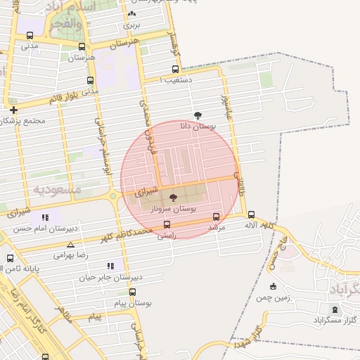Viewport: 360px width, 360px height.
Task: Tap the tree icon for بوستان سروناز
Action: (x=174, y=198)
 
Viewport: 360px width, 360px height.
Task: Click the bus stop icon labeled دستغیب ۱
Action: (x=175, y=69)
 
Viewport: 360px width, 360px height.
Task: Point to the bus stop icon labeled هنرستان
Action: (x=82, y=48)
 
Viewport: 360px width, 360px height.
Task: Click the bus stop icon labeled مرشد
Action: (x=216, y=217)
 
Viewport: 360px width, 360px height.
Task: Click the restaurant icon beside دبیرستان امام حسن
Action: (x=46, y=218)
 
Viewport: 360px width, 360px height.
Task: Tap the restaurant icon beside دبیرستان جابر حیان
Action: (x=110, y=266)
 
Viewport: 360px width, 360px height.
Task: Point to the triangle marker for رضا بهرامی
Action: (x=70, y=245)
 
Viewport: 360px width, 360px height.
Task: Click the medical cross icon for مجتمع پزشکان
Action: (x=13, y=110)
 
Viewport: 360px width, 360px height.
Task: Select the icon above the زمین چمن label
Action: (x=273, y=285)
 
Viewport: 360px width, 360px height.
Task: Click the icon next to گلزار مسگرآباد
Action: (x=334, y=310)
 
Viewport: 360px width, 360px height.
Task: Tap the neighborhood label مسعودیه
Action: (x=57, y=190)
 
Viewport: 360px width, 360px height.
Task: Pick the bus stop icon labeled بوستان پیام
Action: (x=132, y=292)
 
